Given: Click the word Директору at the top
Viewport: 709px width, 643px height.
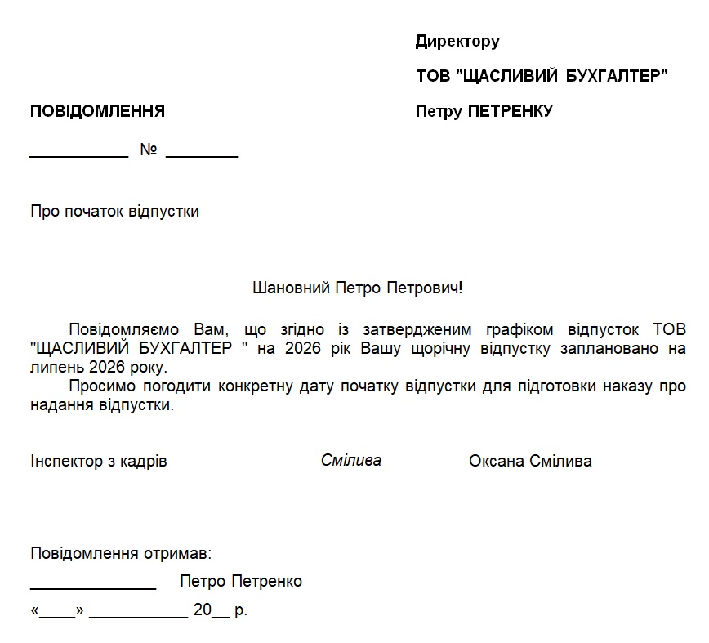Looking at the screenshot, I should tap(457, 41).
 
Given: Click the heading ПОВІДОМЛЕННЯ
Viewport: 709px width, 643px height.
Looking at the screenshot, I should tap(97, 111).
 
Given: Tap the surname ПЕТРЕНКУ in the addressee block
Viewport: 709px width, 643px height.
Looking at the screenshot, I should tap(511, 111).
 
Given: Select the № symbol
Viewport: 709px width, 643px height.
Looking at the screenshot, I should tap(148, 150).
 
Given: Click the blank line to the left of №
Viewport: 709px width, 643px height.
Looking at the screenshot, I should tap(78, 154).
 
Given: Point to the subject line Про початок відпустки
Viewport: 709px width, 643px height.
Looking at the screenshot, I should tap(114, 212).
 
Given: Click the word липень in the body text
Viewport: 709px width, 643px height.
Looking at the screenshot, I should tap(53, 367).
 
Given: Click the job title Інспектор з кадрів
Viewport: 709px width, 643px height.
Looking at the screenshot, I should tap(98, 462).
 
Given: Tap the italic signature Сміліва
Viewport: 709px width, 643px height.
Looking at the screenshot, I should tap(350, 460).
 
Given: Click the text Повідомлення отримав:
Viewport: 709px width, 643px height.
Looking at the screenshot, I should tap(121, 554).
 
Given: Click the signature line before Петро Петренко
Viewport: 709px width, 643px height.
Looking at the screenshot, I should tap(93, 587).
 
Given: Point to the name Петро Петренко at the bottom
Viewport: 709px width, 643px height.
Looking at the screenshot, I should tap(241, 582).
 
